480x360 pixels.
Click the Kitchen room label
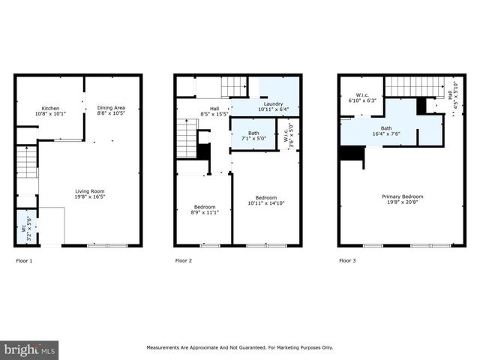[x=49, y=108]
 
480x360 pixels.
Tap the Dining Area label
[x=111, y=108]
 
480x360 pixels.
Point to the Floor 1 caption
[x=24, y=261]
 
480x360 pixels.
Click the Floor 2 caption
[x=184, y=261]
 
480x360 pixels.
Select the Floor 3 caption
[x=346, y=261]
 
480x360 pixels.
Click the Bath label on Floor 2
[x=253, y=133]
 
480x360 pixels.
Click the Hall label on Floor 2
[x=214, y=109]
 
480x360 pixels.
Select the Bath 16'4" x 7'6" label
[x=385, y=132]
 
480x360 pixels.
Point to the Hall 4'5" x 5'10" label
[x=452, y=95]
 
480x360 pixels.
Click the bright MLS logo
[x=29, y=349]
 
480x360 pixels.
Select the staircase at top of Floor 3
[x=411, y=86]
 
